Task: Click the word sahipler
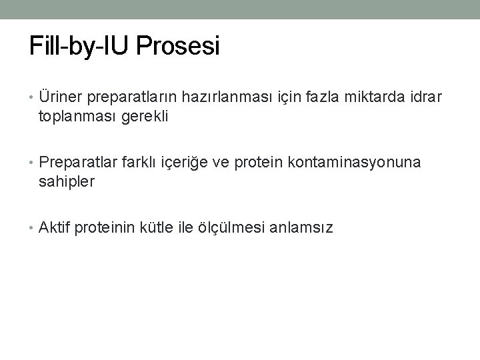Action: tap(67, 181)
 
